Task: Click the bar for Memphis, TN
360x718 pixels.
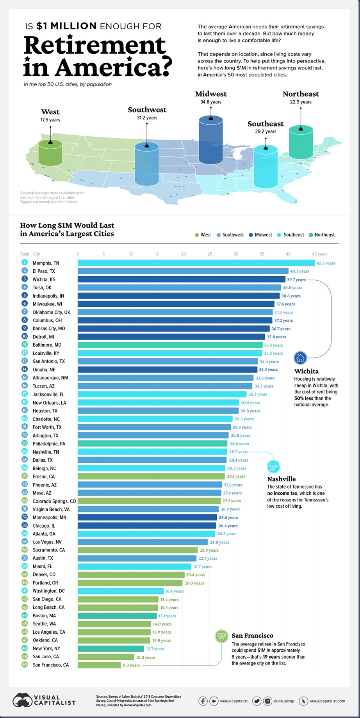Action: click(x=196, y=263)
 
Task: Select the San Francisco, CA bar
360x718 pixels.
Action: click(x=99, y=665)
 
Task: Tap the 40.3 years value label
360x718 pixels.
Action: click(x=299, y=271)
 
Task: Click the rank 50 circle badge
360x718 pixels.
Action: click(x=25, y=665)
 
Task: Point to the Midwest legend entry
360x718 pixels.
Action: click(x=260, y=235)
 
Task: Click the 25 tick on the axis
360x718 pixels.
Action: click(x=210, y=254)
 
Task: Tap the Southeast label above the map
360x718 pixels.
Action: click(x=266, y=124)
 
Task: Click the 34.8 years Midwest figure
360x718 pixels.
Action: click(x=211, y=102)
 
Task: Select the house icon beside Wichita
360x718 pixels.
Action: click(x=300, y=357)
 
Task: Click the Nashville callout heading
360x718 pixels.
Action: click(x=282, y=479)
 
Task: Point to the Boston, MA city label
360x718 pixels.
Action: click(x=44, y=616)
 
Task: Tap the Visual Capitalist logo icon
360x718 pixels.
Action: click(x=22, y=701)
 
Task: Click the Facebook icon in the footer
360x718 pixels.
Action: click(x=203, y=701)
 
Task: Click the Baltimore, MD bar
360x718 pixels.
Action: click(x=170, y=345)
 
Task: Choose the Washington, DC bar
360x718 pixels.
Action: click(x=120, y=591)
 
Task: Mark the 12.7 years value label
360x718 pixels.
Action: click(x=155, y=649)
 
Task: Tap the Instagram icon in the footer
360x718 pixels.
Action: click(x=267, y=701)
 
